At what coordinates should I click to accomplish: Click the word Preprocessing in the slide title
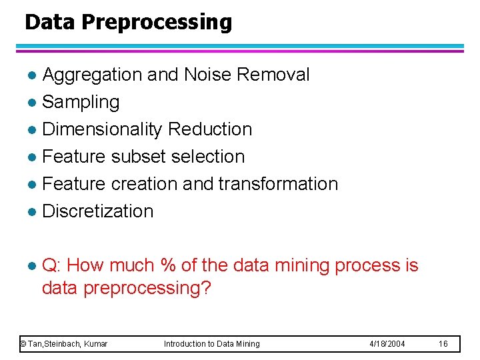pyautogui.click(x=157, y=23)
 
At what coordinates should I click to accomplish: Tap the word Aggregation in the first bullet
pyautogui.click(x=92, y=75)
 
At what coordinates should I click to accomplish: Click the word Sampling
pyautogui.click(x=81, y=102)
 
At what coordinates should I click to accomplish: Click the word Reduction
pyautogui.click(x=210, y=129)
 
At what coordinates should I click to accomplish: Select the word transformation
pyautogui.click(x=278, y=184)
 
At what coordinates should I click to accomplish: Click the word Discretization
pyautogui.click(x=97, y=211)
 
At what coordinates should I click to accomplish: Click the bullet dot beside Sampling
pyautogui.click(x=32, y=103)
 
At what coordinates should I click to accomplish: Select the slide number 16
pyautogui.click(x=444, y=344)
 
